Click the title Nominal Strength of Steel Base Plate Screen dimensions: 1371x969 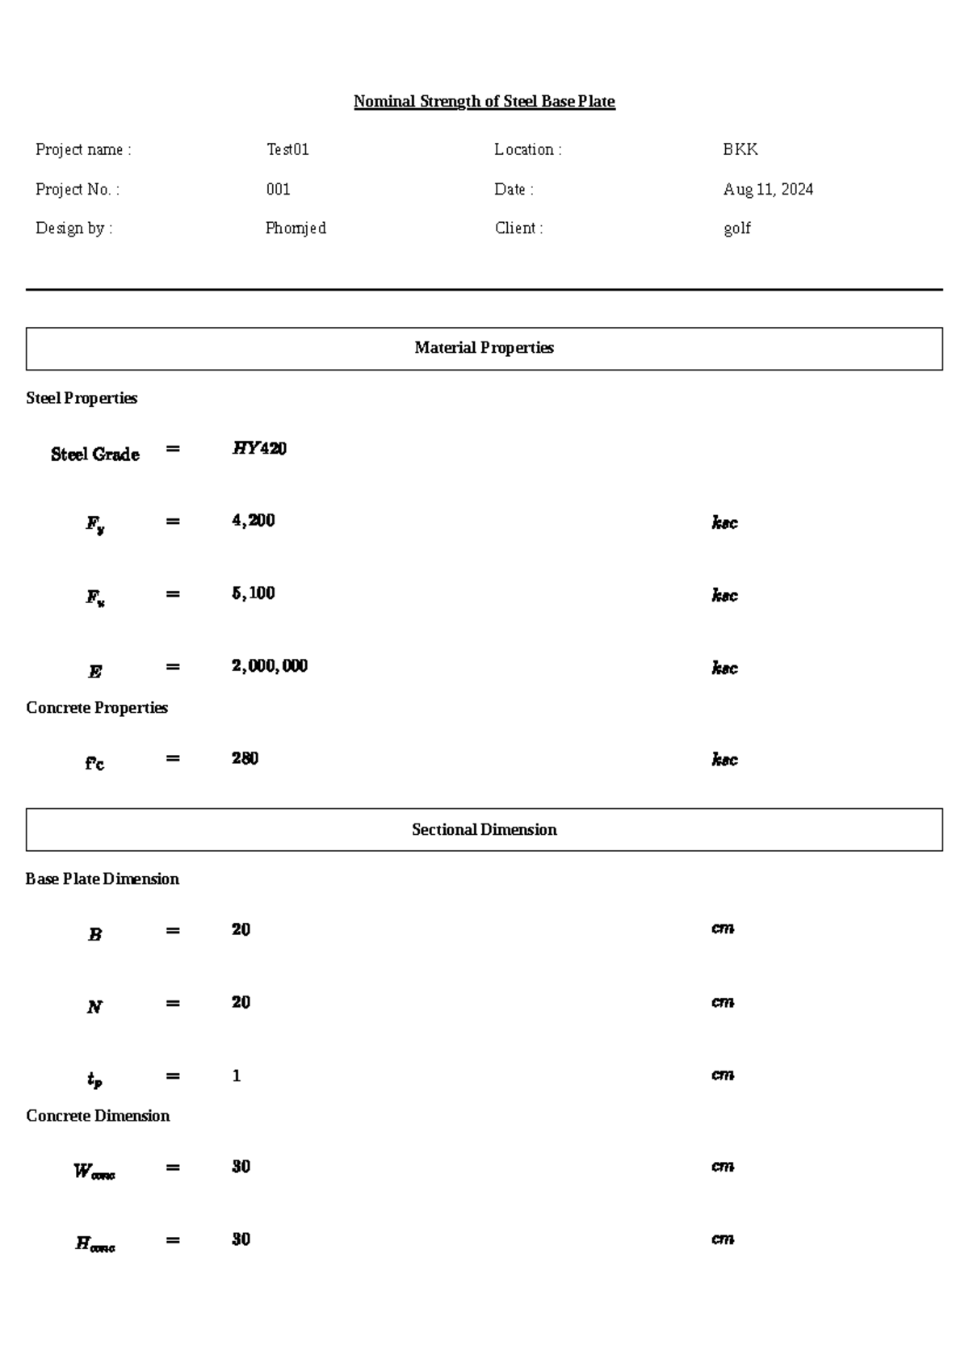coord(484,102)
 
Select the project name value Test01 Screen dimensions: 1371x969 coord(287,149)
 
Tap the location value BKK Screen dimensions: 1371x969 coord(740,149)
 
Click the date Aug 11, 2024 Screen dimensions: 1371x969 coord(767,189)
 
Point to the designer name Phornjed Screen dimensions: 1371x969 coord(296,228)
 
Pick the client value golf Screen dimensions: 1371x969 coord(736,228)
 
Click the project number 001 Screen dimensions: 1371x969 coord(278,189)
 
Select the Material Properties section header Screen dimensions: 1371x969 coord(484,348)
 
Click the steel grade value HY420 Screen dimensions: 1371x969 coord(259,448)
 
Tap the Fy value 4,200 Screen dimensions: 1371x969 coord(253,521)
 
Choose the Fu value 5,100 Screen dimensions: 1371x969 coord(253,593)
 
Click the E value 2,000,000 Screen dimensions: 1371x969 coord(269,666)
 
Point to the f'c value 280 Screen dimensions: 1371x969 coord(245,758)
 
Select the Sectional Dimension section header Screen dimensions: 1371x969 coord(484,829)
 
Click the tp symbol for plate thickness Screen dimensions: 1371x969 coord(94,1080)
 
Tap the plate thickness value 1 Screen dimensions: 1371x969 coord(236,1075)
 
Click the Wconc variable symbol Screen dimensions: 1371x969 coord(94,1172)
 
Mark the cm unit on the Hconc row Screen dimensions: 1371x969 coord(722,1239)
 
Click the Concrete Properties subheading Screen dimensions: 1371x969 coord(97,707)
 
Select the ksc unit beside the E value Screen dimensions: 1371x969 coord(724,668)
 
